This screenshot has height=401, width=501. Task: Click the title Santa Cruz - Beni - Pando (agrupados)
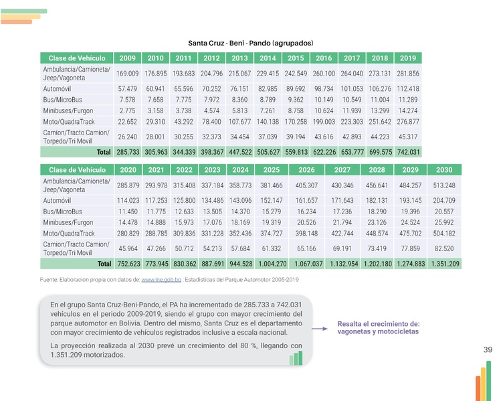point(250,42)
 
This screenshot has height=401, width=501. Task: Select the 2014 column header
point(268,58)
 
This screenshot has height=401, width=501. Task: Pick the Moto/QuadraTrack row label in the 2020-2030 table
point(68,232)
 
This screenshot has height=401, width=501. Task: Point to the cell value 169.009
point(127,74)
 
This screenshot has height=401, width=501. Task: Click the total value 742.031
point(408,152)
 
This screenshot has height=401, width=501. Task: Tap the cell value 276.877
point(408,121)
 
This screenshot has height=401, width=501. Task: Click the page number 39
point(487,350)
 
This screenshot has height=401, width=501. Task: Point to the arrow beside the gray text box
point(322,327)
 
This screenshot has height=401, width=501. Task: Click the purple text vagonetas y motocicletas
point(378,331)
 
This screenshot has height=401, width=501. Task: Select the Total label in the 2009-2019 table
point(103,152)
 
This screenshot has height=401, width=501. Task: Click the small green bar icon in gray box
point(296,358)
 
